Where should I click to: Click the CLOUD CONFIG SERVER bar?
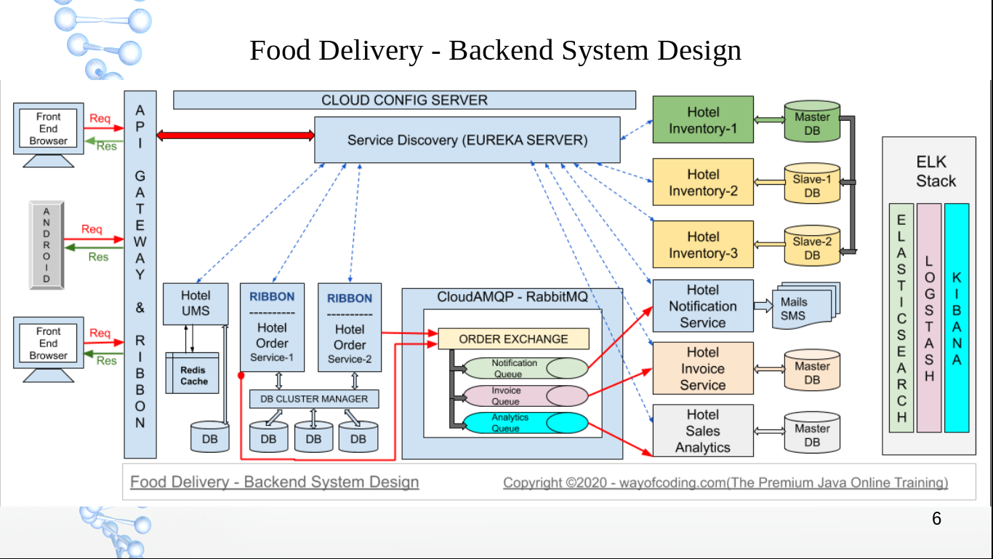coord(404,100)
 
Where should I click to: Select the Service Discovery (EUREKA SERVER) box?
coord(467,140)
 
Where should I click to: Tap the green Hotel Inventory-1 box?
coord(702,120)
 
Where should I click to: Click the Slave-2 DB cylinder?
coord(812,247)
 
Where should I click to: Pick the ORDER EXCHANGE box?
coord(513,339)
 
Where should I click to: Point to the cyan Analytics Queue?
coord(526,423)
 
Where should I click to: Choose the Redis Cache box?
coord(193,375)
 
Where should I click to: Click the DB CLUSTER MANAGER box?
coord(314,399)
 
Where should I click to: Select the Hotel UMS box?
coord(196,303)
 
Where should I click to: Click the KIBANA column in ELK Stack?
coord(957,318)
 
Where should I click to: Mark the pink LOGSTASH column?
coord(929,318)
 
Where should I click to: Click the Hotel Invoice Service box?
coord(702,368)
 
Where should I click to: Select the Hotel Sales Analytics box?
coord(702,431)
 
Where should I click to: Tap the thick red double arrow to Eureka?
coord(235,135)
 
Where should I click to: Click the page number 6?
coord(936,519)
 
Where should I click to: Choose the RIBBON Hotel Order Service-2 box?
coord(350,328)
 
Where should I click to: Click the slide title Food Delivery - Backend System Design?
coord(495,50)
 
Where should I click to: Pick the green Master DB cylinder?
coord(812,122)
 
